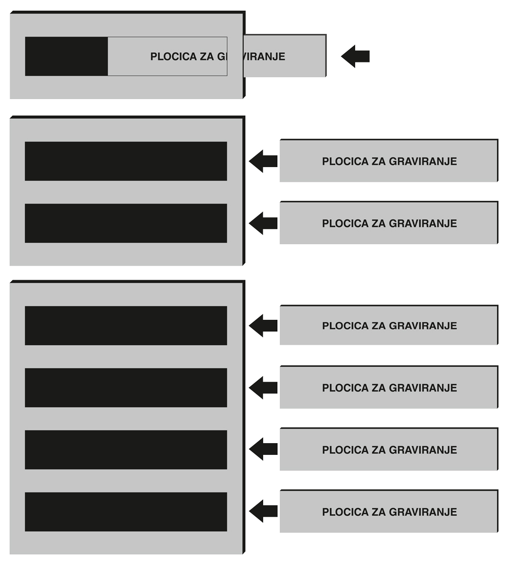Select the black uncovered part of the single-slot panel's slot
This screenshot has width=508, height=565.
pyautogui.click(x=66, y=56)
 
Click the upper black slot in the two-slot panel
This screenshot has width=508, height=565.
pyautogui.click(x=125, y=161)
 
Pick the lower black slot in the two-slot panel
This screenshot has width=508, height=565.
pyautogui.click(x=125, y=223)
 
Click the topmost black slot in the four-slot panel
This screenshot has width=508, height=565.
pyautogui.click(x=125, y=325)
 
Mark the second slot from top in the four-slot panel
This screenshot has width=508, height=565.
pyautogui.click(x=125, y=388)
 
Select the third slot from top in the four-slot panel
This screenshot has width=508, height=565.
pyautogui.click(x=125, y=450)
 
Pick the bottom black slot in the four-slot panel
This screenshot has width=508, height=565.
pyautogui.click(x=125, y=512)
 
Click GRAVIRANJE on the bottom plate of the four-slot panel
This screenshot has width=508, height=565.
pyautogui.click(x=423, y=512)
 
